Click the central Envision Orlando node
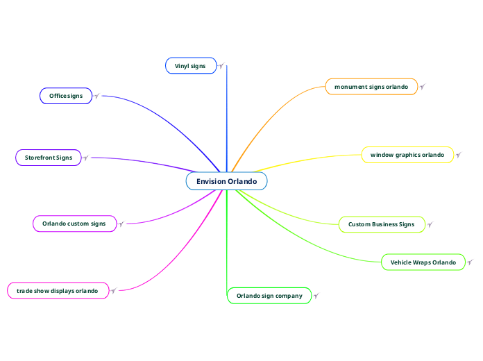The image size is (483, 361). (x=226, y=181)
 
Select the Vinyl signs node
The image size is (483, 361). (x=190, y=65)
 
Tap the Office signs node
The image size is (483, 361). (x=66, y=96)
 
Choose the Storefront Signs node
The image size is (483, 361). (x=49, y=158)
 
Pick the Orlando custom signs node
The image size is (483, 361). (x=74, y=224)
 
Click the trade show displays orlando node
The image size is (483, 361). (x=58, y=290)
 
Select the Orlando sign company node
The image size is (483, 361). (x=269, y=296)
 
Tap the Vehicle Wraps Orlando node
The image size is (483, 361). (x=423, y=262)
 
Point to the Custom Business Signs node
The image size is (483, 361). (x=381, y=224)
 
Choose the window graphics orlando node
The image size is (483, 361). (x=407, y=155)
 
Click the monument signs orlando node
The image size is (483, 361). (x=371, y=87)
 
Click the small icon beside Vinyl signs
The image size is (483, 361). (x=221, y=66)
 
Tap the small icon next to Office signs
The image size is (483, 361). (x=96, y=96)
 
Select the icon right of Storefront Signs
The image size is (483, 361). (x=86, y=158)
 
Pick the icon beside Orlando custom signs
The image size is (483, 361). (x=121, y=224)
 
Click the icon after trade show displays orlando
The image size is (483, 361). (x=114, y=290)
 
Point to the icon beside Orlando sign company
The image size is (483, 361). (x=316, y=296)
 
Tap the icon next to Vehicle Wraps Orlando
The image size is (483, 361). (x=470, y=262)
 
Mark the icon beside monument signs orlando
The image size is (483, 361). (x=422, y=87)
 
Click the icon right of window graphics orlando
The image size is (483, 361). (x=458, y=155)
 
